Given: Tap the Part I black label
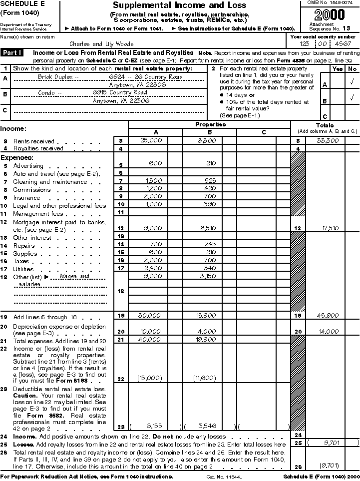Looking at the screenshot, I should [15, 52].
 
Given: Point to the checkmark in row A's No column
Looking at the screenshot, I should [353, 80].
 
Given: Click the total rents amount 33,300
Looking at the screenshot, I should [328, 141].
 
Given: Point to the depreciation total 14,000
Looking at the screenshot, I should [328, 331].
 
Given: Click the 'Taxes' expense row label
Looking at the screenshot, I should [21, 261].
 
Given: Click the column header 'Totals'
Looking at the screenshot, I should [325, 125].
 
